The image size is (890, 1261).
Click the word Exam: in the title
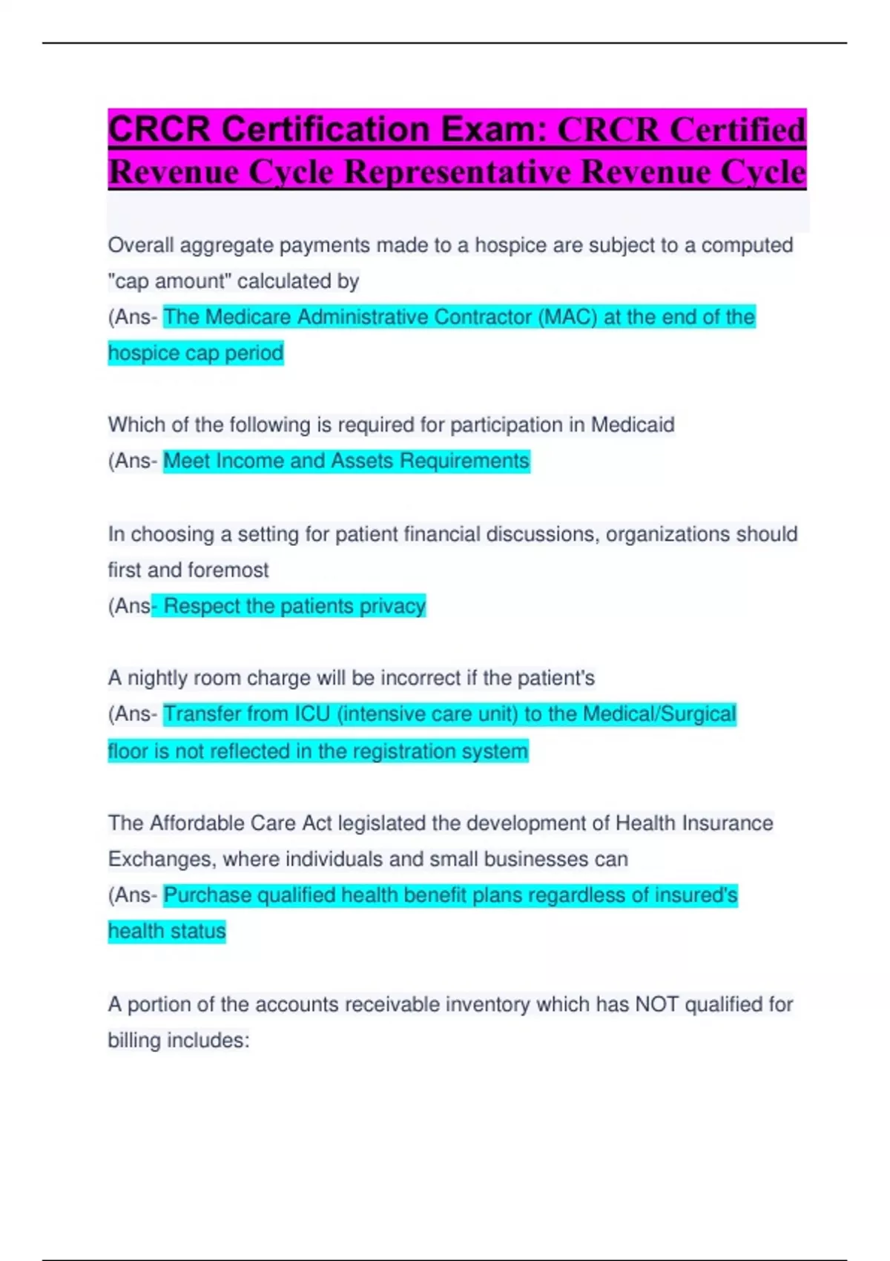[492, 129]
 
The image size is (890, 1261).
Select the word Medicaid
[633, 425]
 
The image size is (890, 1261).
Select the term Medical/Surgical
[659, 714]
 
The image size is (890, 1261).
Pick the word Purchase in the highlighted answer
[207, 895]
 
